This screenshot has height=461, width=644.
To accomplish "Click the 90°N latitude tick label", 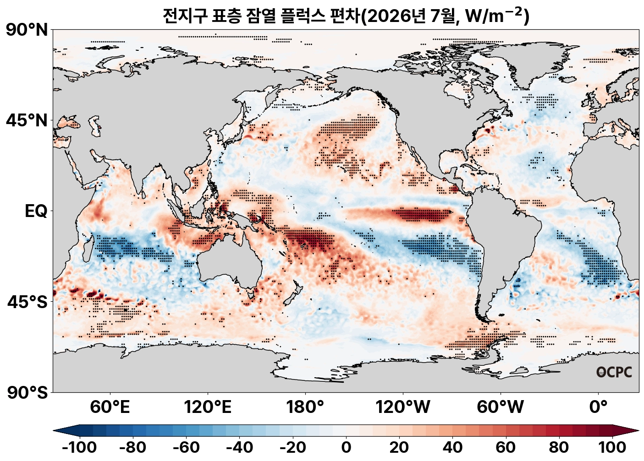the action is point(27,30).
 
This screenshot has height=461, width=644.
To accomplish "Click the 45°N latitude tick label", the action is point(27,120).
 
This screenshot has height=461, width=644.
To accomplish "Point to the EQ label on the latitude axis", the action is point(36,212).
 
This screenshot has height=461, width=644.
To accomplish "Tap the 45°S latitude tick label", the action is point(28,302).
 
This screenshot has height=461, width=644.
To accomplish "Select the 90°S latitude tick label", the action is point(28,393).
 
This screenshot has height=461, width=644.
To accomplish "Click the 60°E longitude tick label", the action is point(110,407).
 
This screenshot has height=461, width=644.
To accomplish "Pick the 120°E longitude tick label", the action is point(207,407).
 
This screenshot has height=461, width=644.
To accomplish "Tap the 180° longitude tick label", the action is point(305,407).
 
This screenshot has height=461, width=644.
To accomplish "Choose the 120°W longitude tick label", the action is point(403,407).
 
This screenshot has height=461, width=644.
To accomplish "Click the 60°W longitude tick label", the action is point(501,407).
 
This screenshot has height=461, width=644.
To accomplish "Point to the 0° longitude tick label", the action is point(598,407).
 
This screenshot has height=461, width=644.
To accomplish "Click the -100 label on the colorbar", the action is point(79,448).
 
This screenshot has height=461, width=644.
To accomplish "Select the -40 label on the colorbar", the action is point(239,448).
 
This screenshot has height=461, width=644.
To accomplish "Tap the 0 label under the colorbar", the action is point(346,448).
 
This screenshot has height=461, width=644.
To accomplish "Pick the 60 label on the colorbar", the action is point(506,448).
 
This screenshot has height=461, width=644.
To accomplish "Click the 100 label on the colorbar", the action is point(612,448).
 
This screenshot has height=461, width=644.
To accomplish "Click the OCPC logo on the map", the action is point(614,372).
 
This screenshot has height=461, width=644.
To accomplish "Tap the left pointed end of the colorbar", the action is point(54,430).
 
